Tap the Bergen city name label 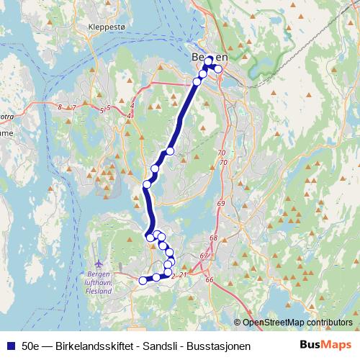pyautogui.click(x=209, y=58)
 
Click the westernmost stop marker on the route pyautogui.click(x=143, y=280)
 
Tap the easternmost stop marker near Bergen pyautogui.click(x=219, y=69)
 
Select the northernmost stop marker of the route pyautogui.click(x=209, y=60)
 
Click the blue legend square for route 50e pyautogui.click(x=10, y=346)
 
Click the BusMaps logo pyautogui.click(x=326, y=345)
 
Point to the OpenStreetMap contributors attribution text pyautogui.click(x=297, y=323)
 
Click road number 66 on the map pyautogui.click(x=210, y=279)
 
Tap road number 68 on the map pyautogui.click(x=213, y=238)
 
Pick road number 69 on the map pyautogui.click(x=220, y=205)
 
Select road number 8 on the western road pyautogui.click(x=59, y=107)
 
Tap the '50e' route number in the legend pyautogui.click(x=30, y=346)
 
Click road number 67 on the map pyautogui.click(x=204, y=256)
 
